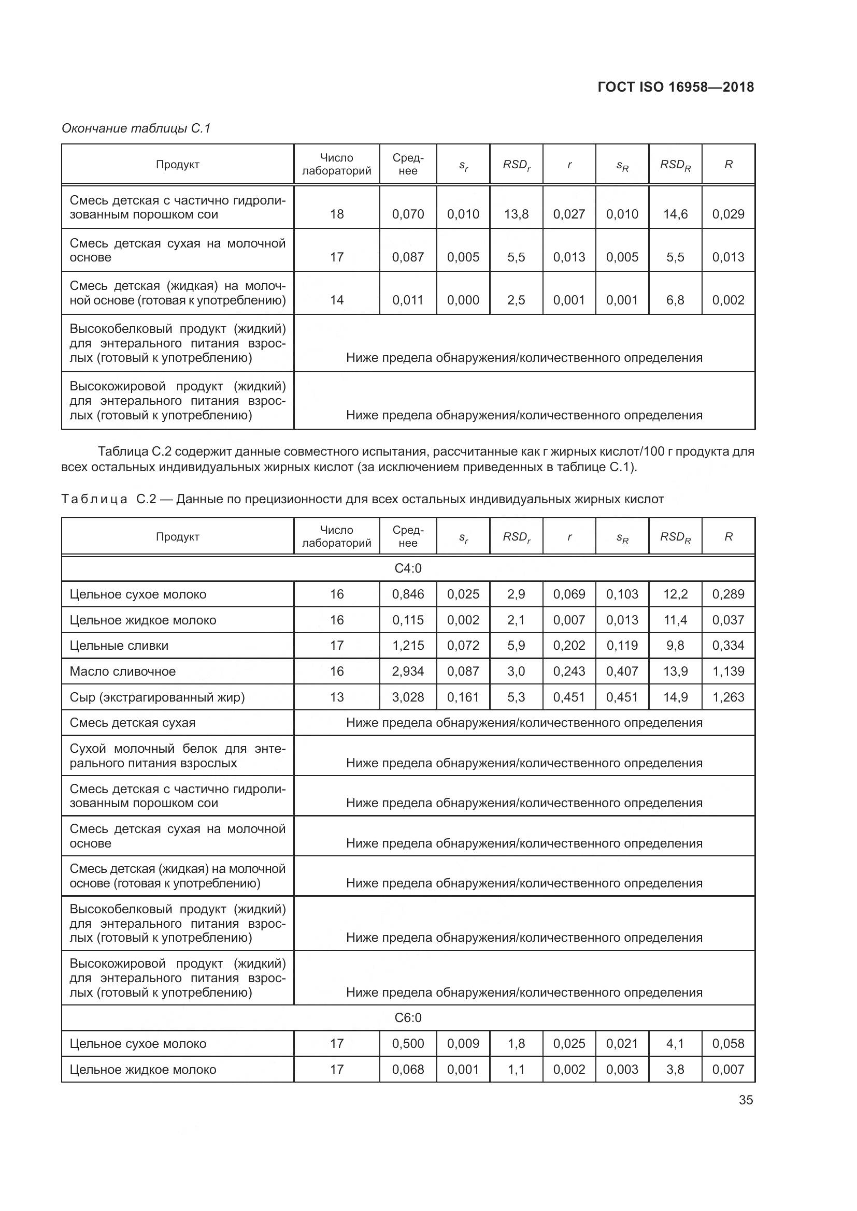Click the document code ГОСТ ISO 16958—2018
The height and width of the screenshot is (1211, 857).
pos(676,87)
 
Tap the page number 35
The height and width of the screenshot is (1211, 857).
pos(746,1100)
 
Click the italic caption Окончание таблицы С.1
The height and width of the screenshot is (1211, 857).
pos(136,128)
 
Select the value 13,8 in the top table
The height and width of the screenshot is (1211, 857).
pos(516,214)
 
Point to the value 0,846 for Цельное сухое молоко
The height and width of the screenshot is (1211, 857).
pos(408,594)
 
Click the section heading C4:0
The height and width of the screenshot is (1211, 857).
pos(408,568)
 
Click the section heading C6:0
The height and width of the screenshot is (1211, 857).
pos(408,1017)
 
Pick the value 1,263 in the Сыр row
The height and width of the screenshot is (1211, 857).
pos(728,697)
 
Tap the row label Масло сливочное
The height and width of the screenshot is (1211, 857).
pos(122,672)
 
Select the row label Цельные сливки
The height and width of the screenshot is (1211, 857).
pos(119,646)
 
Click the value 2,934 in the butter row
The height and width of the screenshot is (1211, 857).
pos(408,672)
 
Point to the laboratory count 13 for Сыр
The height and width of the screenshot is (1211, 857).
pos(337,697)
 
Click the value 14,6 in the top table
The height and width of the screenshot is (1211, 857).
pos(676,214)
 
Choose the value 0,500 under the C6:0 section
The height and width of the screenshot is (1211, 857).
pos(408,1043)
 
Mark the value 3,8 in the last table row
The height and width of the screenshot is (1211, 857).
pos(676,1069)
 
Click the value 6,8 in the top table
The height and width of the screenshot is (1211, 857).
pos(676,300)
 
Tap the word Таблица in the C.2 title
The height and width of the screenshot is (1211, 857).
pos(94,499)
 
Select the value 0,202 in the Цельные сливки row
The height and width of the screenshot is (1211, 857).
pos(569,646)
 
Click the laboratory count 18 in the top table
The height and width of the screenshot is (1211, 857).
pos(337,214)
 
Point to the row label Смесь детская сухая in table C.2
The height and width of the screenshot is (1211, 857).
pos(133,723)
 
